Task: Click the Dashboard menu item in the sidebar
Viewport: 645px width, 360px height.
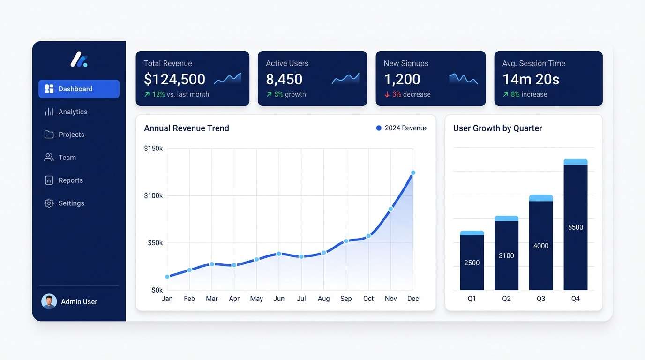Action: click(78, 89)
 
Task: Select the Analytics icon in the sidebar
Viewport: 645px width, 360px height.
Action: click(49, 112)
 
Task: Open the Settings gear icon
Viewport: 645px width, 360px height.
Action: click(49, 203)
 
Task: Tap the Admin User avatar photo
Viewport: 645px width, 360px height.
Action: click(49, 301)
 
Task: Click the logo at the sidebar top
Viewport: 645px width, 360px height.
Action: click(79, 60)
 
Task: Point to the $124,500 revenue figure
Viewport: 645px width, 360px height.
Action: click(174, 79)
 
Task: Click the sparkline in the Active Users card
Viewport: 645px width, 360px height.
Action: click(345, 78)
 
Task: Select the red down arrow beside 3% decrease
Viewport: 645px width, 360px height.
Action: click(387, 94)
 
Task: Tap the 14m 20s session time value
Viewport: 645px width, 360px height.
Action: click(531, 79)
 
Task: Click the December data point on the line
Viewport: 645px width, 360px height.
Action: click(413, 173)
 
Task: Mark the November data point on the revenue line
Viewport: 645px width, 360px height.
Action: click(390, 209)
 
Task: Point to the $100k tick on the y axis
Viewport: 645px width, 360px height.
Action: click(153, 195)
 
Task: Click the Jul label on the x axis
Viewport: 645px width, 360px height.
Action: click(301, 299)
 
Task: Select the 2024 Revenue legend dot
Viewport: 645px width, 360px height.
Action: click(379, 128)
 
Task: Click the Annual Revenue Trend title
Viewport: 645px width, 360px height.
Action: click(187, 128)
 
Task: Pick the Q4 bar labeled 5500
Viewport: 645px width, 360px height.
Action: click(575, 227)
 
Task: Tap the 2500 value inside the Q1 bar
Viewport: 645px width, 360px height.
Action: click(472, 263)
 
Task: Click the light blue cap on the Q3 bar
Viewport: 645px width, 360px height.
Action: click(541, 198)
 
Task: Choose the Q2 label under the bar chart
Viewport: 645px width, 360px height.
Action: click(506, 299)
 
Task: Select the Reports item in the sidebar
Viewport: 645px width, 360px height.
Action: click(70, 180)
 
